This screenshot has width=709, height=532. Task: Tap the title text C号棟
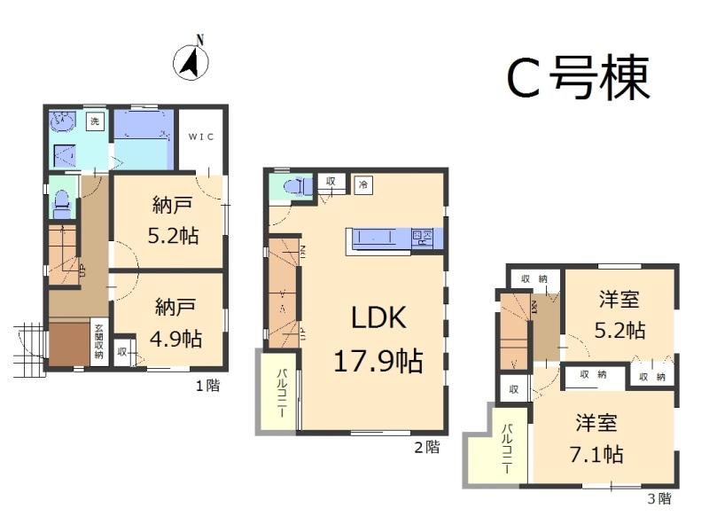(x=578, y=78)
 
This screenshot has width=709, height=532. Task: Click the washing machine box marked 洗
(x=95, y=120)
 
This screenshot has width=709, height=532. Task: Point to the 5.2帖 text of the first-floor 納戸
(x=173, y=236)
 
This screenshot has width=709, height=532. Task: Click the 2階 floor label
(x=426, y=447)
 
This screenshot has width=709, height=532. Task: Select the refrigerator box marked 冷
(x=363, y=185)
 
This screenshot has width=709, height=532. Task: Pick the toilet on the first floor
(x=61, y=204)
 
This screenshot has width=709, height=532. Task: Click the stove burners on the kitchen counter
(x=422, y=238)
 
